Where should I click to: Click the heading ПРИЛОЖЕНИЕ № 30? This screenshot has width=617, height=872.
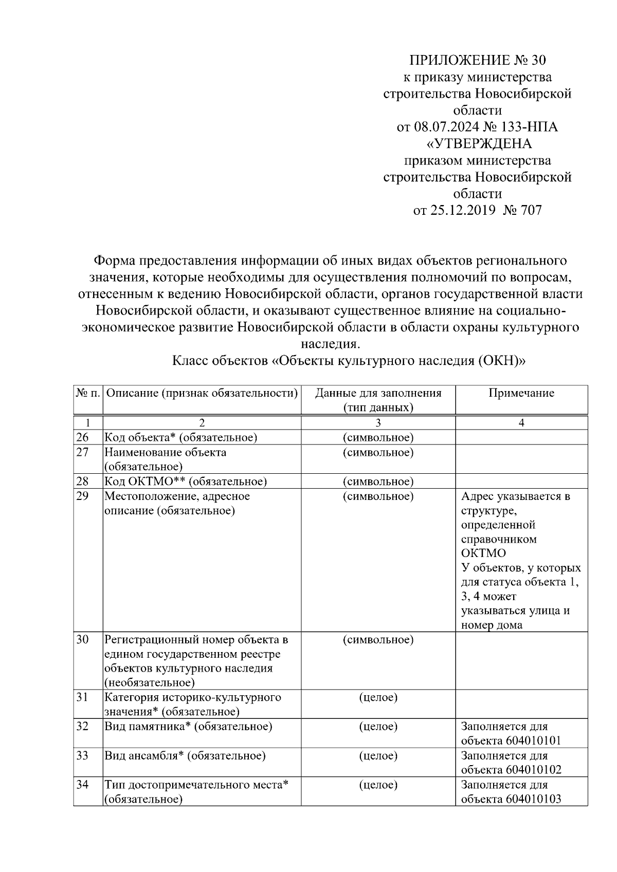[x=477, y=61]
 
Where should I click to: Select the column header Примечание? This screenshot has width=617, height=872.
[x=521, y=393]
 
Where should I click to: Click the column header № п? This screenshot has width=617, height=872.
[x=88, y=393]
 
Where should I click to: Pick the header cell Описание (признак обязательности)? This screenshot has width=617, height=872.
[x=202, y=393]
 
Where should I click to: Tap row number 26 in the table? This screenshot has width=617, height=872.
[x=82, y=437]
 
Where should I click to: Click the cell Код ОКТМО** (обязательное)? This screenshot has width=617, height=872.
[x=186, y=481]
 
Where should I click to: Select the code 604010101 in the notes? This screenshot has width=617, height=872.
[x=533, y=740]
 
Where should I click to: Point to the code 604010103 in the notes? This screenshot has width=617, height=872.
[x=533, y=799]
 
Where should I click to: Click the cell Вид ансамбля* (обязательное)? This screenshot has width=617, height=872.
[x=185, y=755]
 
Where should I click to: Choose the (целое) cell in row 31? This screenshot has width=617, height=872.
[x=378, y=697]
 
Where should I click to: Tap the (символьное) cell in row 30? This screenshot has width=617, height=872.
[x=378, y=640]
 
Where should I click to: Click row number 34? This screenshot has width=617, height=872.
[x=82, y=785]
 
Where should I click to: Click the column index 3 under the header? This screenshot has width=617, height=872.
[x=378, y=423]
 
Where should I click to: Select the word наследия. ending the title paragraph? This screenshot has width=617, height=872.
[x=330, y=344]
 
